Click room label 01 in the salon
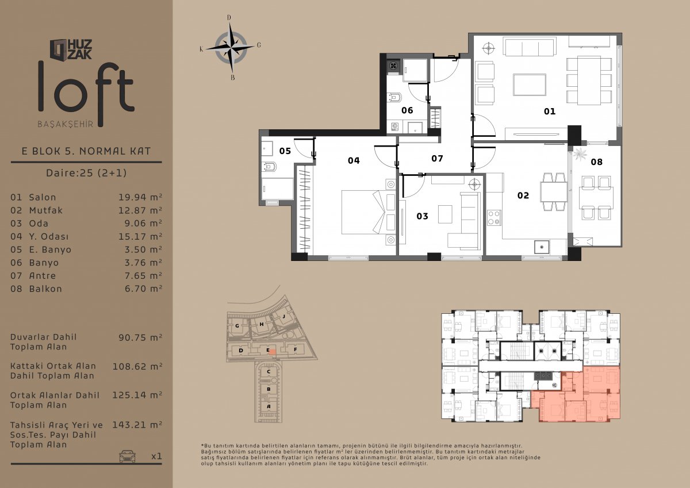(x=550, y=111)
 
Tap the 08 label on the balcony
(x=596, y=162)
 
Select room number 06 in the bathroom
(x=407, y=110)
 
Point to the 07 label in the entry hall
(x=437, y=158)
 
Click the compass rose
(x=231, y=48)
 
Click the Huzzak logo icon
(x=59, y=49)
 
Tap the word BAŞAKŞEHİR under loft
(x=66, y=124)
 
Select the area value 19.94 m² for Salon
(x=140, y=197)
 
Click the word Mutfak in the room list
(x=46, y=210)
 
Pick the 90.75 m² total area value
(x=140, y=337)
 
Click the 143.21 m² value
(x=137, y=425)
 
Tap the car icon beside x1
(x=127, y=456)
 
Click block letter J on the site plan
(x=284, y=316)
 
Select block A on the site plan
(x=269, y=406)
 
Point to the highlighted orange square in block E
(x=273, y=352)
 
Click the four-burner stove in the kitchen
(x=494, y=218)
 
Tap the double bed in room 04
(x=364, y=212)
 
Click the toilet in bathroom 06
(x=395, y=97)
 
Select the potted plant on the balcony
(x=580, y=153)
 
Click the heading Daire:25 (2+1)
(x=86, y=172)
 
